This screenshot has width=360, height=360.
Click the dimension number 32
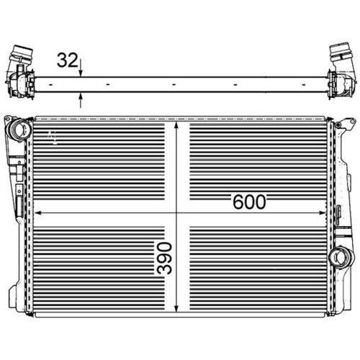click(67, 60)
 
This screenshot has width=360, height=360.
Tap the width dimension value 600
click(249, 202)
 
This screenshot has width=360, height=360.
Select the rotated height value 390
click(165, 258)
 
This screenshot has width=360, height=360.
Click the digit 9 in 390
click(165, 258)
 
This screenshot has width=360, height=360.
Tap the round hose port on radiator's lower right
click(345, 256)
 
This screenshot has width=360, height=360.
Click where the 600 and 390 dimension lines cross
click(179, 212)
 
